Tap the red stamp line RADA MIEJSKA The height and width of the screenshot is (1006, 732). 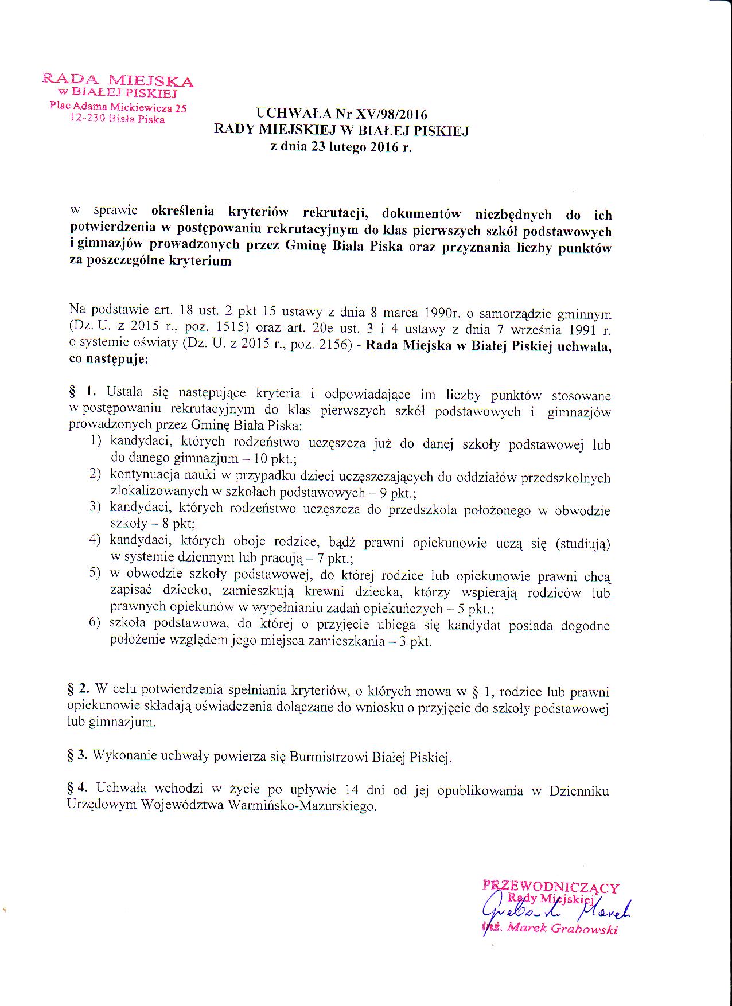point(118,80)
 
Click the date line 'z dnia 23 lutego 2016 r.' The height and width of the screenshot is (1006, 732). point(341,147)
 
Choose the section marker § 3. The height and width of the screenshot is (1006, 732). point(77,756)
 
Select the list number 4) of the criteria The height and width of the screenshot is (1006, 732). point(95,540)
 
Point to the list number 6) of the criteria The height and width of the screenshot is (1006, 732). point(95,623)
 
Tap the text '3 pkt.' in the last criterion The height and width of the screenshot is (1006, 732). point(415,641)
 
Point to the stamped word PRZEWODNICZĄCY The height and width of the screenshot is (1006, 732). point(551,886)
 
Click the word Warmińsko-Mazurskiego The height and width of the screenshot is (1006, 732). point(302,805)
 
